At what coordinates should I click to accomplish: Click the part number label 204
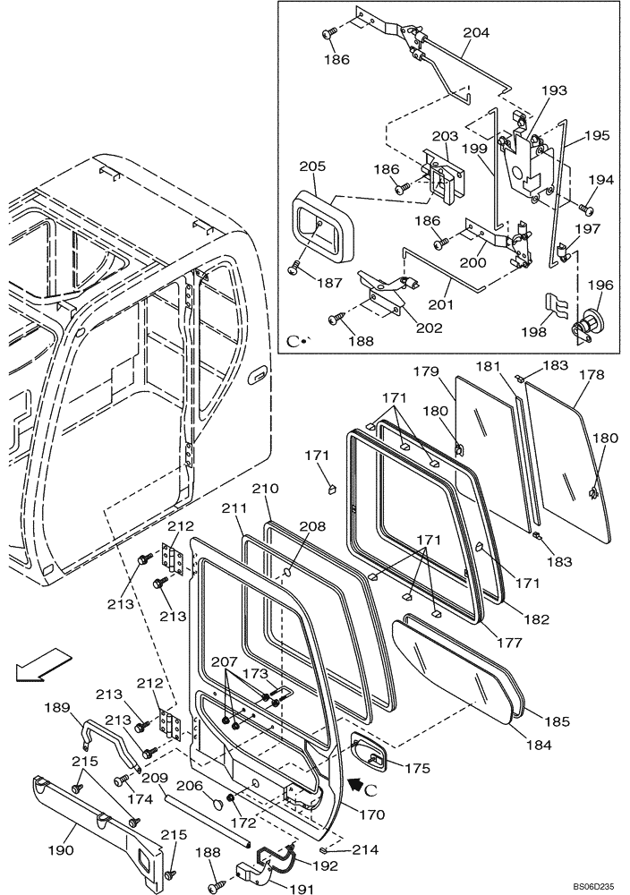[476, 33]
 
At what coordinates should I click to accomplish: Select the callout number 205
[312, 166]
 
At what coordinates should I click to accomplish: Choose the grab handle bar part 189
[113, 738]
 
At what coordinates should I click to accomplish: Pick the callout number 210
[266, 489]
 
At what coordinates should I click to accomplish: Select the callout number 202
[429, 328]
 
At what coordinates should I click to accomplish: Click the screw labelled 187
[296, 266]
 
